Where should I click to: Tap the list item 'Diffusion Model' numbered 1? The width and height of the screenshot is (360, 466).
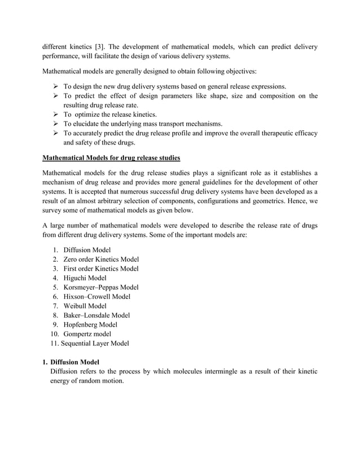[x=87, y=249]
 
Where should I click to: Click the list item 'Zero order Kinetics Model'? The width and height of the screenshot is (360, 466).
[x=101, y=259]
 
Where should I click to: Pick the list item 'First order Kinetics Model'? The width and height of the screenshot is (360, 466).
[x=101, y=269]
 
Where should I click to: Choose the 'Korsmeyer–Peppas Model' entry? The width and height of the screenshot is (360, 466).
[x=101, y=287]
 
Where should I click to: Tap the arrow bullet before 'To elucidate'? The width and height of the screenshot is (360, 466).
[x=55, y=124]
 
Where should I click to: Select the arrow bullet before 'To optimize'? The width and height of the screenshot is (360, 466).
[x=55, y=114]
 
